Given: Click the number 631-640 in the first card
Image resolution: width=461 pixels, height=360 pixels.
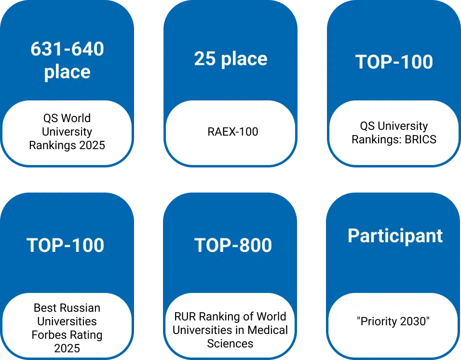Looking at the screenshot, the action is [x=68, y=49].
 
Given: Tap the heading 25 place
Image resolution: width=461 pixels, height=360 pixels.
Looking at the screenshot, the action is [x=231, y=59].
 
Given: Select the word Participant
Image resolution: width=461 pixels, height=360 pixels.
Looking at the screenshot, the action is [x=395, y=236].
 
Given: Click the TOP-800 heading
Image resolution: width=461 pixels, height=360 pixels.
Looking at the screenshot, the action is [x=233, y=245].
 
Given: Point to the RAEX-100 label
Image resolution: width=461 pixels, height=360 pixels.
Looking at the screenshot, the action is [x=233, y=131].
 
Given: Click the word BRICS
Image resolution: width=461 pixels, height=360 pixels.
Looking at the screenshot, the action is [x=420, y=139].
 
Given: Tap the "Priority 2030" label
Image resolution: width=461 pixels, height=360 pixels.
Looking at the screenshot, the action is [x=393, y=321].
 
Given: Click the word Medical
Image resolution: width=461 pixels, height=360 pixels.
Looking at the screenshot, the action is [x=268, y=330].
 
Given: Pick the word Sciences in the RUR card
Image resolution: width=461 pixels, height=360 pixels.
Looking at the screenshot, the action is [x=230, y=344].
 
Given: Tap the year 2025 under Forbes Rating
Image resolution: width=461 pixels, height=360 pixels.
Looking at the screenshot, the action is [x=67, y=348].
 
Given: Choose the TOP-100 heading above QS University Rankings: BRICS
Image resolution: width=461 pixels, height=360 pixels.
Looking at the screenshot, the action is [x=394, y=62].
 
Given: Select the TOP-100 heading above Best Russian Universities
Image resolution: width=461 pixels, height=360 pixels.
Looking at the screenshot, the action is [x=65, y=245].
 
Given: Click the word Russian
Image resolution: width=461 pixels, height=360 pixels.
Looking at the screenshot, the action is [x=83, y=308].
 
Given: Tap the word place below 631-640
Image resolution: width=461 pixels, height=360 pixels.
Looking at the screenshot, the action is [x=68, y=72].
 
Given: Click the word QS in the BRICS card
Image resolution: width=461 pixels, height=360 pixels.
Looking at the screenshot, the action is [x=367, y=126].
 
